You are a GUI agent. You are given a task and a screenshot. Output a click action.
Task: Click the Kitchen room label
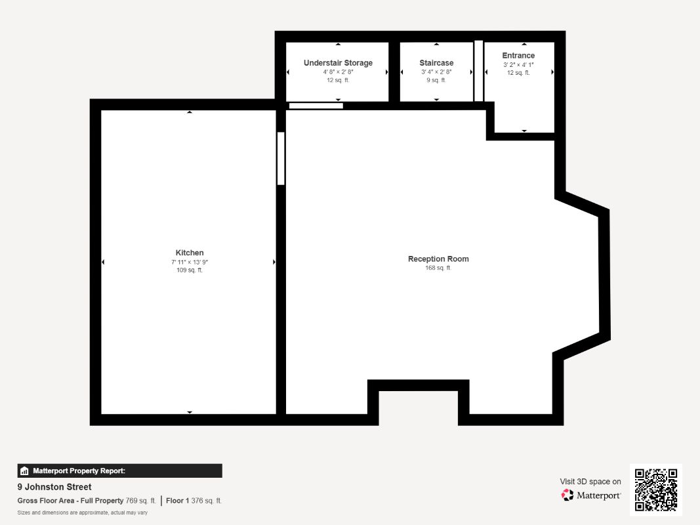(190, 253)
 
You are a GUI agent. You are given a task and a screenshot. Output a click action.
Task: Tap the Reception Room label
(438, 259)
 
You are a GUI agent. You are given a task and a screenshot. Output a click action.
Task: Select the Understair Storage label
(338, 63)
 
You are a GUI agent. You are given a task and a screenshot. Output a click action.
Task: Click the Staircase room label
(436, 63)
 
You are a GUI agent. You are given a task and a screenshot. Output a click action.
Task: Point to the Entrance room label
(518, 55)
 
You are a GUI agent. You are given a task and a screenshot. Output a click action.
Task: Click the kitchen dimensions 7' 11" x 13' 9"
(190, 262)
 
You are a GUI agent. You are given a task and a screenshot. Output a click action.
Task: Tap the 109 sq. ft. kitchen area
(190, 270)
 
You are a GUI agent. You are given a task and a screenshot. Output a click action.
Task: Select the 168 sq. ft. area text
(438, 268)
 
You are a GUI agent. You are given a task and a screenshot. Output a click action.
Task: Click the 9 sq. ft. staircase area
(436, 80)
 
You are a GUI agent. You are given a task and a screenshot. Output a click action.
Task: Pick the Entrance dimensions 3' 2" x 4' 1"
(518, 65)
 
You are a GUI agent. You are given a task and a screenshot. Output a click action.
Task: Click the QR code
(656, 490)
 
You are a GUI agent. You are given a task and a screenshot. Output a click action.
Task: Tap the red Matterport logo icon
(567, 495)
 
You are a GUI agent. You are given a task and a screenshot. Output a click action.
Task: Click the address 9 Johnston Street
(54, 487)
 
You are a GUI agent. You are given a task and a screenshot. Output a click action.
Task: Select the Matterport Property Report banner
(119, 471)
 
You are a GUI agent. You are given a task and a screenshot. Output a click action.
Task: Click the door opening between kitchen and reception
(281, 158)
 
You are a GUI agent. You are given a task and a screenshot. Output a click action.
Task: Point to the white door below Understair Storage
(316, 106)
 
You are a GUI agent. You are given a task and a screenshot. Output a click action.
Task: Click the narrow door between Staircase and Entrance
(478, 71)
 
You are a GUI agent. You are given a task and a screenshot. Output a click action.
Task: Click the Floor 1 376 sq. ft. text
(194, 501)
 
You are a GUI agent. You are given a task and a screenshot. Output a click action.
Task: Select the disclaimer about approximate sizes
(83, 513)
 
